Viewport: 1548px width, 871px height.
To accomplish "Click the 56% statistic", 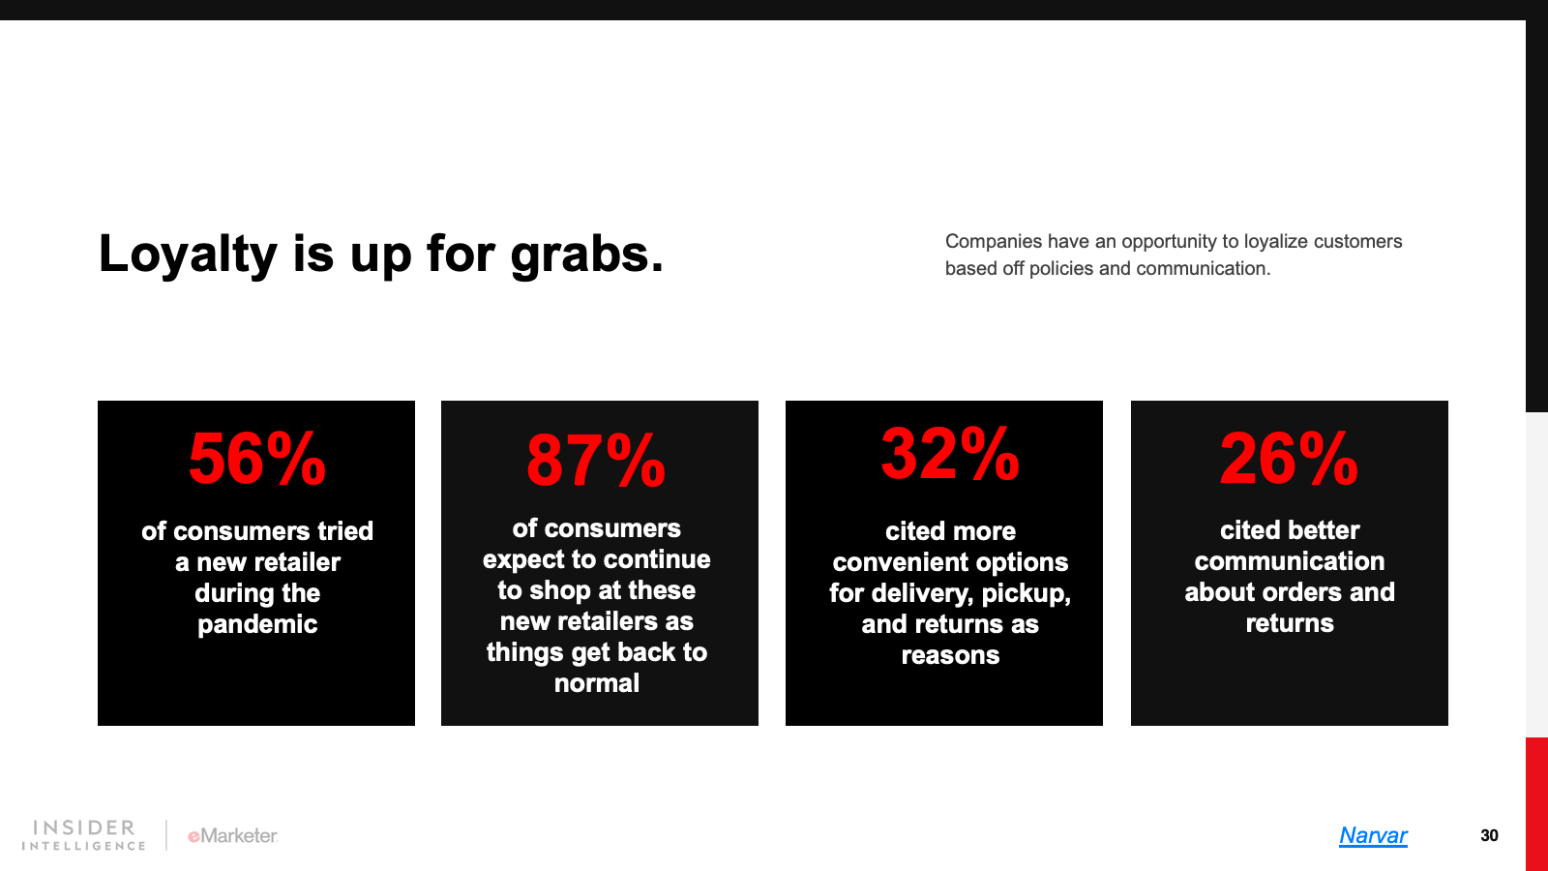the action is (256, 459).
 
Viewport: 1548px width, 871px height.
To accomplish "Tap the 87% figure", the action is (596, 461).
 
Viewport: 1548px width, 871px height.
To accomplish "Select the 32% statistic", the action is (950, 454).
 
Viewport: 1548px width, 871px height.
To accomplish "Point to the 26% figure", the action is (1289, 459).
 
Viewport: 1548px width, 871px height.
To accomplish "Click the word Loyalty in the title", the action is (188, 255).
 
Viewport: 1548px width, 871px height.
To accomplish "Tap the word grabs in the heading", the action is (586, 255).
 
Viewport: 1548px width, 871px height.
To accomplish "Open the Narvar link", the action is (1373, 836).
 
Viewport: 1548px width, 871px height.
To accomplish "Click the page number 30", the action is (1489, 836).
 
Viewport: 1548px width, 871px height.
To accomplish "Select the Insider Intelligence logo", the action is (83, 835).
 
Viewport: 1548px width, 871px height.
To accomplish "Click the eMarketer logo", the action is (233, 836).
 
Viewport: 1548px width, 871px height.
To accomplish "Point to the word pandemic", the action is (257, 625).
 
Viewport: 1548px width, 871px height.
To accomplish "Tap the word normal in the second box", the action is (596, 683).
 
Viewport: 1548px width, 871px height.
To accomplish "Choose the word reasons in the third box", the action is (950, 655).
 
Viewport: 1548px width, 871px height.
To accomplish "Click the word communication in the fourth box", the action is (1290, 561).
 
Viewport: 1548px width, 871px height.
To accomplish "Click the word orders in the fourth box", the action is (1298, 592).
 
